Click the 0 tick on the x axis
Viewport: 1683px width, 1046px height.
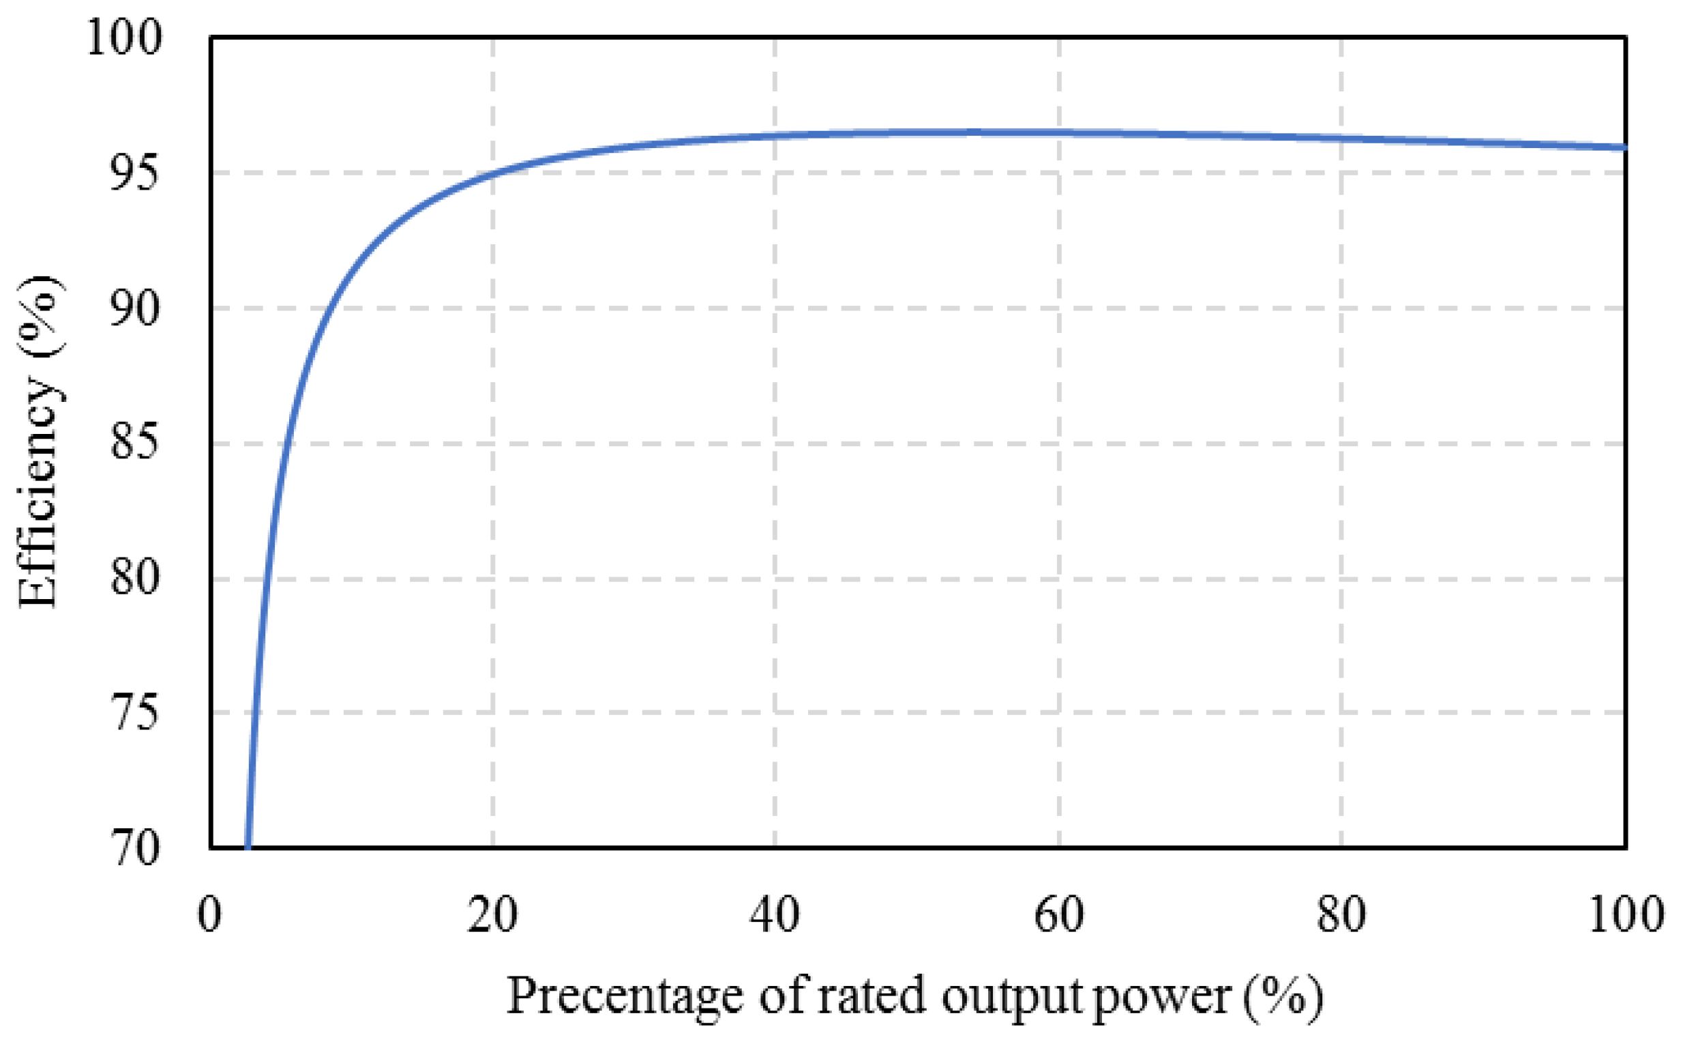pos(209,914)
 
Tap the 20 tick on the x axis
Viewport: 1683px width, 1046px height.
pos(492,914)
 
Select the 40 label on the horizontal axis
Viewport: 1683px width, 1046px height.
pos(775,914)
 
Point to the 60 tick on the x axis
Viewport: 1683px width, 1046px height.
pos(1058,914)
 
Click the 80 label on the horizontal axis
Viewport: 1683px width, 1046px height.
pos(1341,914)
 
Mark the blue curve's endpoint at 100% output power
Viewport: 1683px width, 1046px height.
pos(1624,147)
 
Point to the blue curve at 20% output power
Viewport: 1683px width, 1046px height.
pos(493,172)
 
